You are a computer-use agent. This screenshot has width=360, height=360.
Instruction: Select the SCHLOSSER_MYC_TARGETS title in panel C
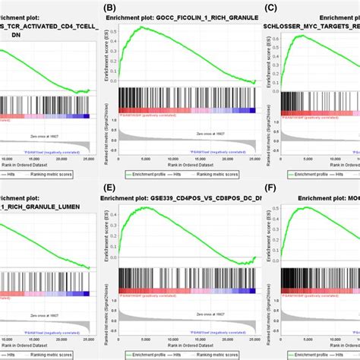tap(311, 25)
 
